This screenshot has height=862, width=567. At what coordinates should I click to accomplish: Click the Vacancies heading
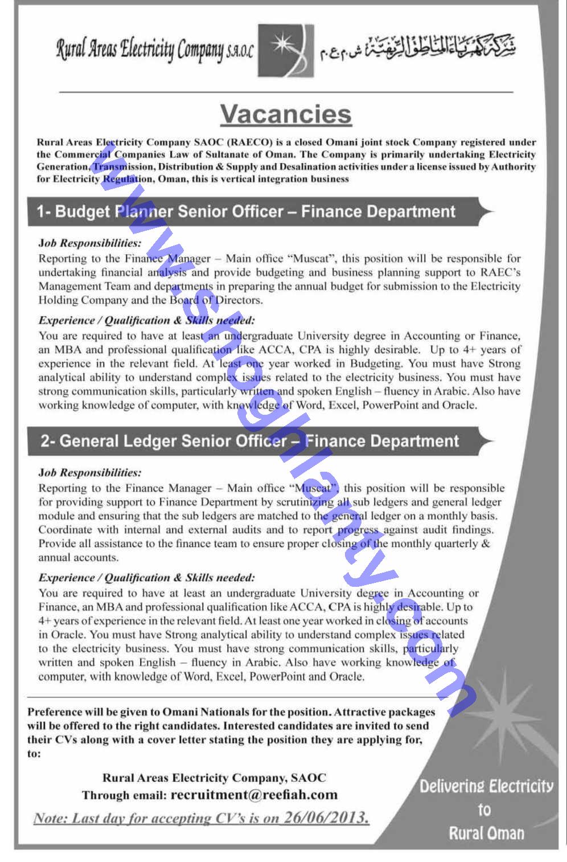pos(286,114)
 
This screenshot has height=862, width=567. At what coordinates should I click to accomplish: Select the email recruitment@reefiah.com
pos(254,794)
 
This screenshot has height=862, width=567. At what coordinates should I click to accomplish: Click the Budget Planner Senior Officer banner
pos(246,212)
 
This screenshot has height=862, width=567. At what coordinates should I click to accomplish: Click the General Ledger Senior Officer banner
pos(249,442)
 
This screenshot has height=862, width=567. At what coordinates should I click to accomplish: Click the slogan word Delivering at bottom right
pos(451,787)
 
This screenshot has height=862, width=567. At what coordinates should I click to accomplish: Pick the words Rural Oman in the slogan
pos(486,834)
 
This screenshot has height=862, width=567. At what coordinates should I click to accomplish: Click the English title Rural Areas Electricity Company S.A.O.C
pos(154,51)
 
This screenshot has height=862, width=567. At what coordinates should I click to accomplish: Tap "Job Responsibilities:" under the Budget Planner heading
pos(89,243)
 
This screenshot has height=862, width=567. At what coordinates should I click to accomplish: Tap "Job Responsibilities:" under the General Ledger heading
pos(89,472)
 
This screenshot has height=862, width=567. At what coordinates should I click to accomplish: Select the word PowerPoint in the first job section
pos(391,405)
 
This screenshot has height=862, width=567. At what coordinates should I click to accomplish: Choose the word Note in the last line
pos(51,819)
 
